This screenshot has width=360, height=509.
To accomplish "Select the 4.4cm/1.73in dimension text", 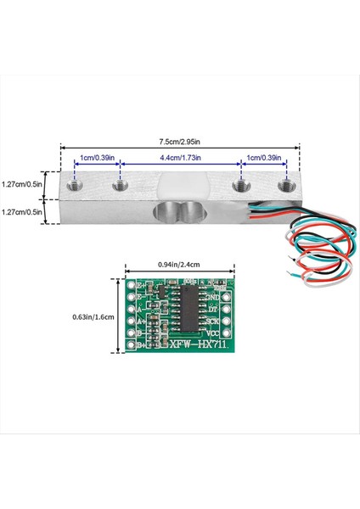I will coord(180,159).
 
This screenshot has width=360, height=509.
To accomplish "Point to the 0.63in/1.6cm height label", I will coord(95,317).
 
